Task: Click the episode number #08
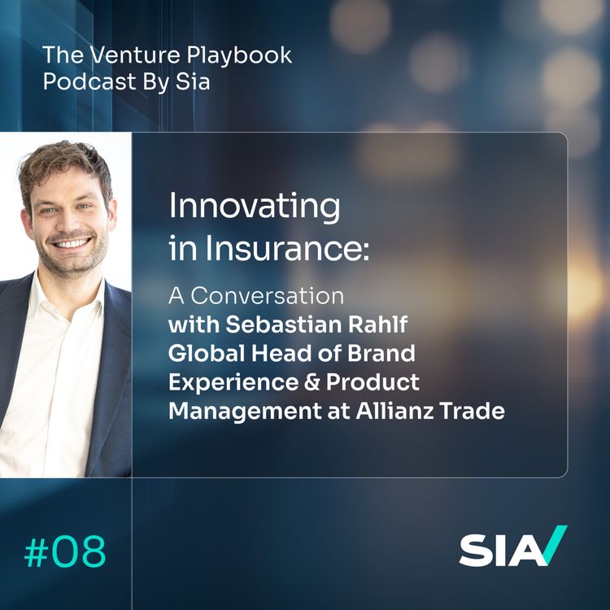pyautogui.click(x=65, y=552)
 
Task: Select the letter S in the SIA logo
pyautogui.click(x=473, y=551)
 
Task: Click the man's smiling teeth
pyautogui.click(x=73, y=242)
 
